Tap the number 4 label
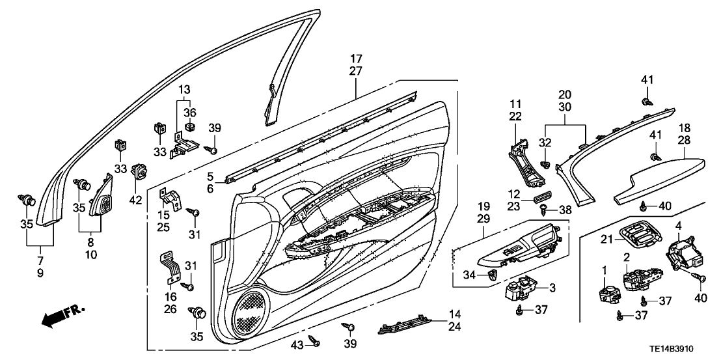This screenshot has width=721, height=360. [679, 226]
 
